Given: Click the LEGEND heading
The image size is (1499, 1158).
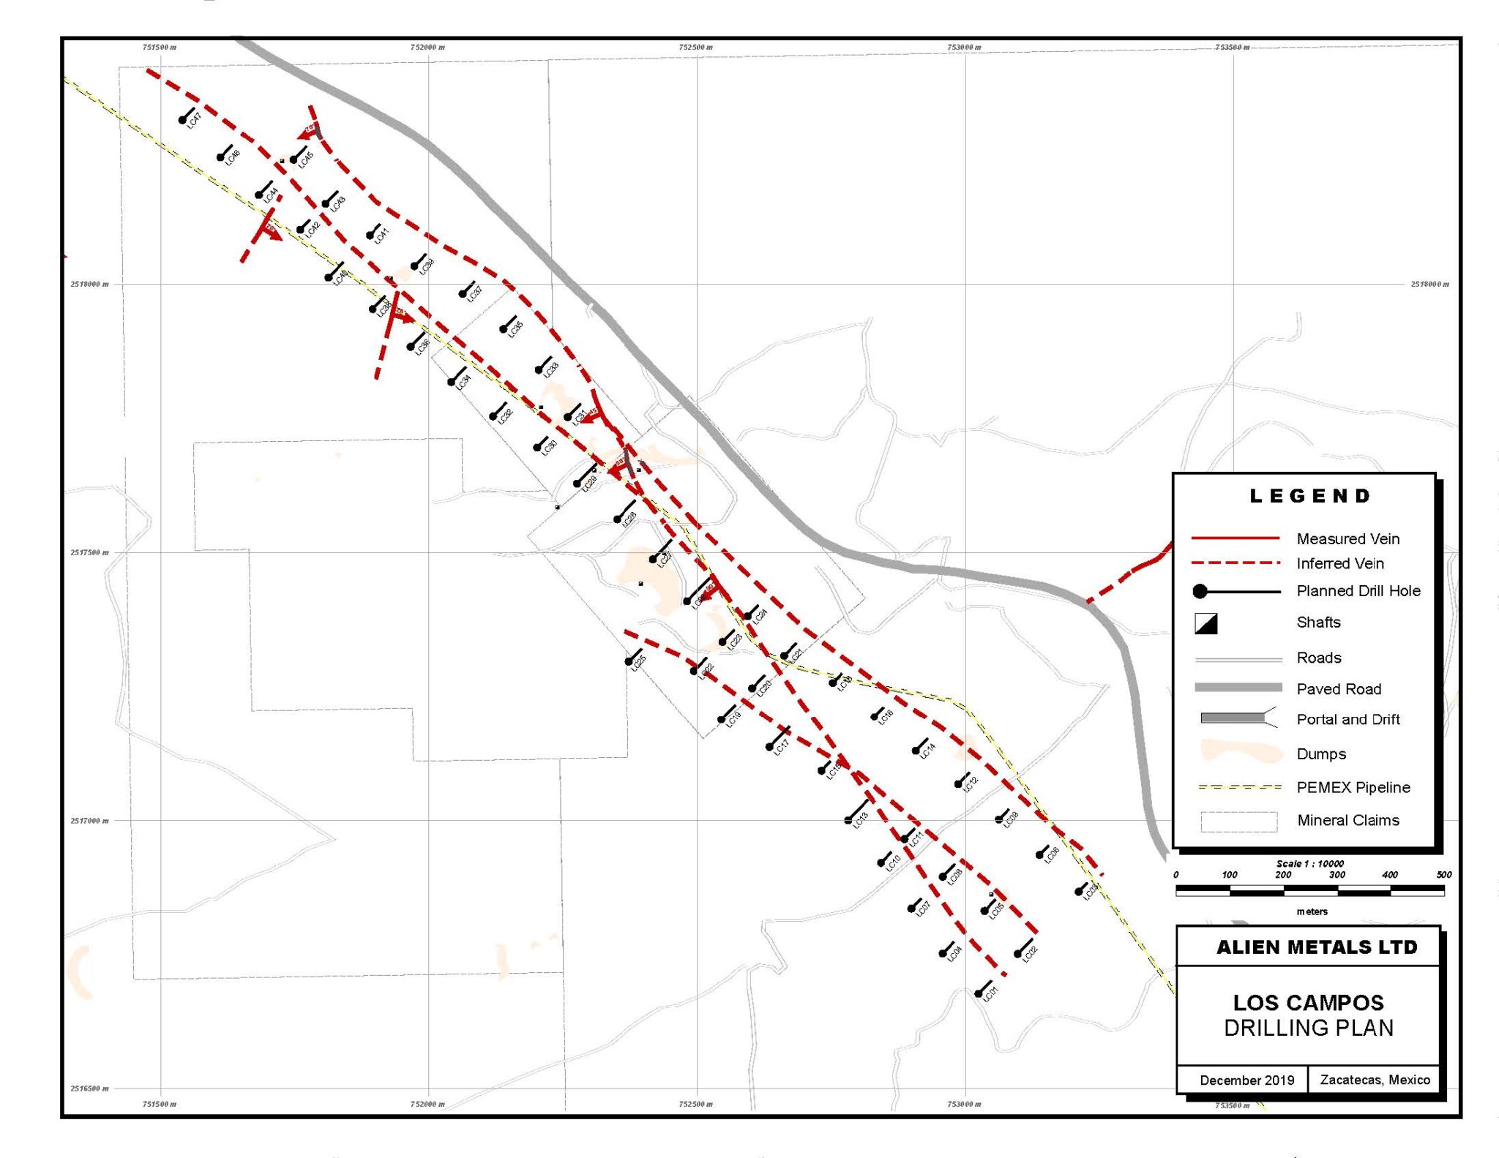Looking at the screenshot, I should tap(1309, 496).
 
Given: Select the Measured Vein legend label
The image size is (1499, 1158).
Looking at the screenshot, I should tap(1347, 539).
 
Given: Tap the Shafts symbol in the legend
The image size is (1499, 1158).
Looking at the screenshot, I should tap(1205, 623).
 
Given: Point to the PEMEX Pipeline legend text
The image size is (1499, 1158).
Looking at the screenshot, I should tap(1353, 787).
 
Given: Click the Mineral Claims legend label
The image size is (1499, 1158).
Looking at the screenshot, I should tap(1347, 820).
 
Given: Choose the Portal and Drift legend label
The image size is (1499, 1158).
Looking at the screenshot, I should tap(1347, 719).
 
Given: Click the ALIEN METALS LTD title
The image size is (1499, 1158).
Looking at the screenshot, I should tap(1316, 947).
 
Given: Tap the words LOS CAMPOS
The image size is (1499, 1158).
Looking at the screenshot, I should tap(1308, 1002).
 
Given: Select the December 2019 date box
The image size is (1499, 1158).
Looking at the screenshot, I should tap(1246, 1080).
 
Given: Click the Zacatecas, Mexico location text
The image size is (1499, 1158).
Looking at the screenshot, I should tap(1375, 1080).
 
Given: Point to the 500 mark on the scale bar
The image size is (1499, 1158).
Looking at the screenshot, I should tap(1443, 875).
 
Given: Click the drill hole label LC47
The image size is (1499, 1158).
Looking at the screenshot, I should tap(194, 121).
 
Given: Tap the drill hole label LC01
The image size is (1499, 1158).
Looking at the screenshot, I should tap(990, 993).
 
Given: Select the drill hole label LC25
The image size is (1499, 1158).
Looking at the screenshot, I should tap(639, 663).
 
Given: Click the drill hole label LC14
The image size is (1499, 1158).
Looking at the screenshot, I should tap(927, 751).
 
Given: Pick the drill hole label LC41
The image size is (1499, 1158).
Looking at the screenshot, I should tap(381, 236).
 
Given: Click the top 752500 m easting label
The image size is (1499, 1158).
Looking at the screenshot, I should tap(695, 48).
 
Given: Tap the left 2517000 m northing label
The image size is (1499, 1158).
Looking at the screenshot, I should tap(89, 821).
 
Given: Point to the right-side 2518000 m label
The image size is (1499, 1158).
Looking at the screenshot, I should tap(1429, 284).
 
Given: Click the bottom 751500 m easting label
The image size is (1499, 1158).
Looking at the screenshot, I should tap(159, 1104).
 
